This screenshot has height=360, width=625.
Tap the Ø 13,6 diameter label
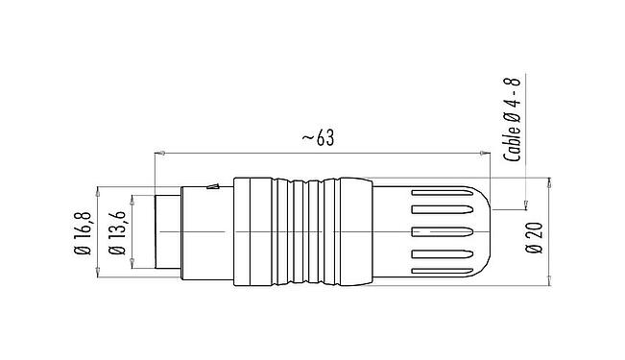(116, 232)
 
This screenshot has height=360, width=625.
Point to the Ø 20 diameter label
(534, 233)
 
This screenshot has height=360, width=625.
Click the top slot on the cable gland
(441, 207)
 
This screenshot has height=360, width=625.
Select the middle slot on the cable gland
(441, 231)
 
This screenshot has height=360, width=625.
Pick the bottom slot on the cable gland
(441, 255)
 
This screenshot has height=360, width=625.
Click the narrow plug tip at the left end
(164, 231)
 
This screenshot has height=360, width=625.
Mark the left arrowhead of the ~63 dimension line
(158, 152)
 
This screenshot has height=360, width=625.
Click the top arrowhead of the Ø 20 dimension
(548, 181)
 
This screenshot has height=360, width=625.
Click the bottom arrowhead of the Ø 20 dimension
(548, 283)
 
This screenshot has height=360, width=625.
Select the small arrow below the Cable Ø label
(525, 204)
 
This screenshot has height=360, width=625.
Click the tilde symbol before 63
(306, 139)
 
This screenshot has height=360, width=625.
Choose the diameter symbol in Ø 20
(534, 247)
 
